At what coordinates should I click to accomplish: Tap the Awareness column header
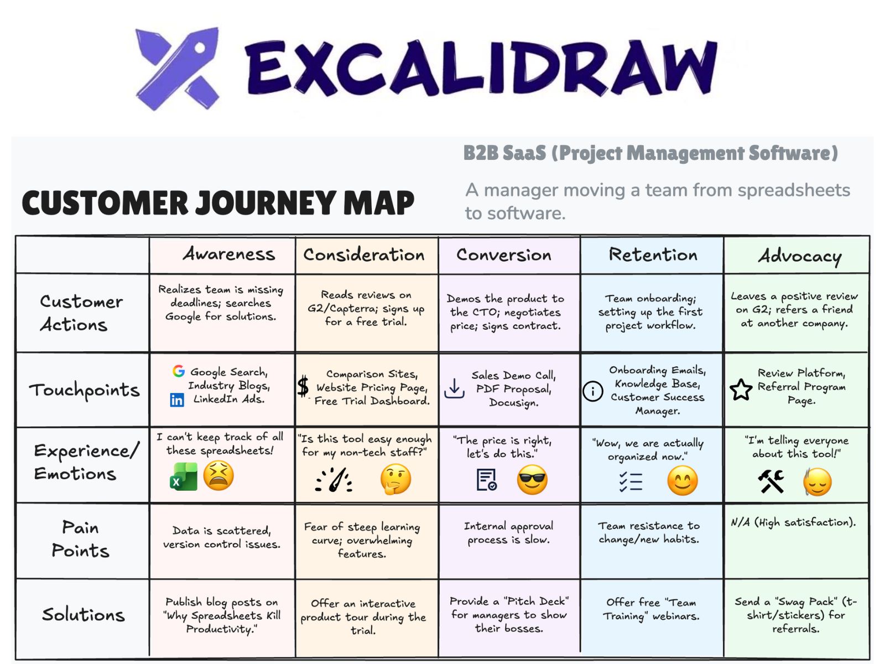(x=228, y=254)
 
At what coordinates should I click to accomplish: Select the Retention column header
(x=653, y=255)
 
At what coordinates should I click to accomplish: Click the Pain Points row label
(x=81, y=539)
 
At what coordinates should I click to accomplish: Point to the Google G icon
(x=178, y=371)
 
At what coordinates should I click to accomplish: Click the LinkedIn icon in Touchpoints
(x=177, y=400)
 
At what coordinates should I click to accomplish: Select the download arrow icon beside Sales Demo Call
(x=454, y=388)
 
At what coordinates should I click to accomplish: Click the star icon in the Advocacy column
(x=741, y=390)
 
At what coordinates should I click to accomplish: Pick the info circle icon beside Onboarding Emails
(x=592, y=391)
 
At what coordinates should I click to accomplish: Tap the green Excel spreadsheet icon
(x=184, y=478)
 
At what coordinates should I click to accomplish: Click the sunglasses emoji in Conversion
(x=532, y=480)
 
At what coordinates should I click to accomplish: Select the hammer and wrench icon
(x=771, y=481)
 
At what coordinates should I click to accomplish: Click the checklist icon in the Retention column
(x=631, y=481)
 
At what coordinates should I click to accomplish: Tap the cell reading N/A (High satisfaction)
(x=793, y=522)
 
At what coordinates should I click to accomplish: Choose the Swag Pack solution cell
(x=795, y=615)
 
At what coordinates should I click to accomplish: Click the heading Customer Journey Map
(x=218, y=203)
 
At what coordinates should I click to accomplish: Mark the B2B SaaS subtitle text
(x=650, y=153)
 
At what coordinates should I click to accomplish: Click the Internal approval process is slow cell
(x=509, y=532)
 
